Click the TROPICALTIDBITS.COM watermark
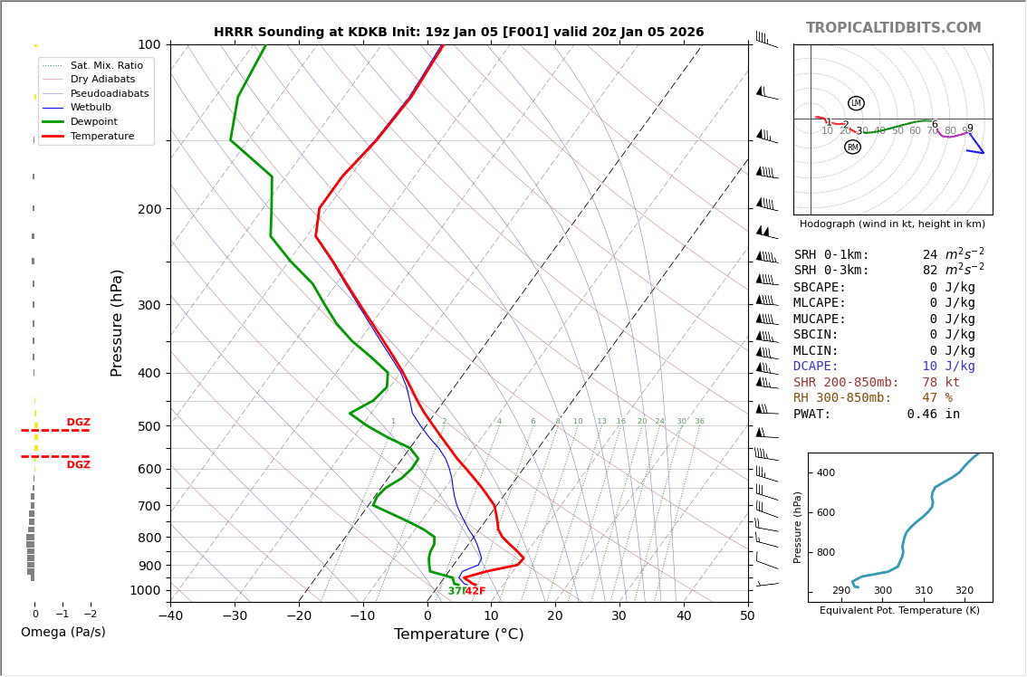(x=893, y=28)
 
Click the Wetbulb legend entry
(x=91, y=107)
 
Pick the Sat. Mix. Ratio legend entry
(x=106, y=65)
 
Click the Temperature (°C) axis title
(x=458, y=634)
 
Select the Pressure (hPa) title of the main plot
(x=118, y=322)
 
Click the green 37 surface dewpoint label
(x=455, y=591)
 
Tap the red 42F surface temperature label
(x=475, y=591)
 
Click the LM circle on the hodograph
(x=856, y=103)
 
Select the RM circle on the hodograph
(x=852, y=147)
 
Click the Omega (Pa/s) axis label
(x=62, y=632)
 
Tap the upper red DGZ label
(x=78, y=423)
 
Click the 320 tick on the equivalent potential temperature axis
(x=964, y=591)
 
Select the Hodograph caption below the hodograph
(x=892, y=224)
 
